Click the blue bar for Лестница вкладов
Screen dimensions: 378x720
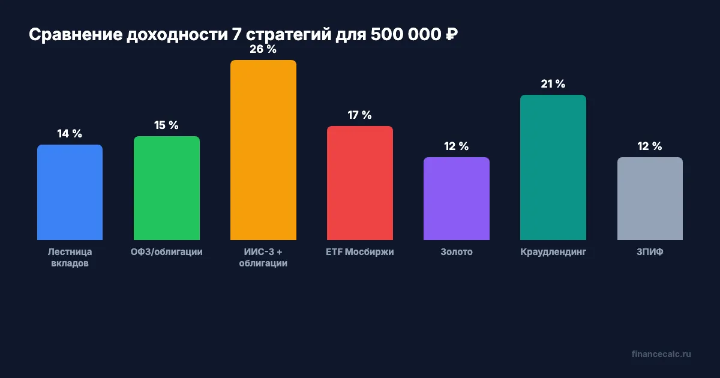70,192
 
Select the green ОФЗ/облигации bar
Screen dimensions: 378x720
166,188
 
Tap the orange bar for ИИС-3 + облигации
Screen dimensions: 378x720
263,150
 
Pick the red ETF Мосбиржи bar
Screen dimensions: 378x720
359,183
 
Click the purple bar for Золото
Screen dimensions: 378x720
456,199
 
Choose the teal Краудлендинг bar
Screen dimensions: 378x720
553,167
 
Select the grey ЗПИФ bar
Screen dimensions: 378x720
649,199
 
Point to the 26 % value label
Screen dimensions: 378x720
263,49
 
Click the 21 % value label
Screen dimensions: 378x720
553,84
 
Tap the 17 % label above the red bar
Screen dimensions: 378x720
359,115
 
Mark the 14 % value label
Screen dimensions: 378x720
70,134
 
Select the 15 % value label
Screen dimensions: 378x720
166,125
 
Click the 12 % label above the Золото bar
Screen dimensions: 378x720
456,146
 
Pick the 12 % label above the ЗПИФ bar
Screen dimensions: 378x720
649,146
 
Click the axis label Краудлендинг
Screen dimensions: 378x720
553,252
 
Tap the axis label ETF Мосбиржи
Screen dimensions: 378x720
359,252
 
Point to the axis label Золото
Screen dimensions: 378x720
456,252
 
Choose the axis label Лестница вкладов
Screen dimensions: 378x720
70,257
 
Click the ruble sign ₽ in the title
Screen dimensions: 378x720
451,35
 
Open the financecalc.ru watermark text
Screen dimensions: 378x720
661,354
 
